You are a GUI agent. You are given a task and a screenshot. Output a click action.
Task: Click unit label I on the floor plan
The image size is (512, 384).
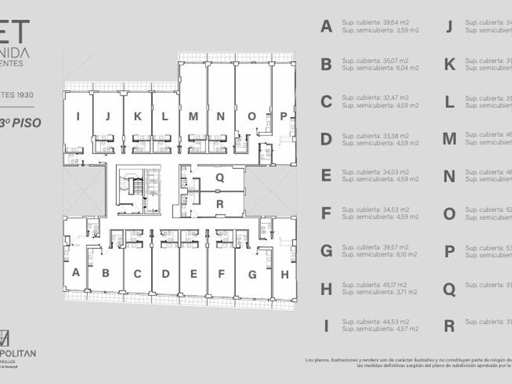pos(78,116)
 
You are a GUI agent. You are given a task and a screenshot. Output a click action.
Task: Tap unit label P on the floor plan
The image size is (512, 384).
pos(283,116)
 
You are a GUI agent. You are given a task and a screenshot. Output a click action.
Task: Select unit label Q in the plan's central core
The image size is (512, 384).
pos(220,178)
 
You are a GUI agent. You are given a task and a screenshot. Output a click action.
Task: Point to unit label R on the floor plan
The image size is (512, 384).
pos(220,204)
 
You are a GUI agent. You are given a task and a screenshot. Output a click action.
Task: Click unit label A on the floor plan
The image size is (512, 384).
pos(76,272)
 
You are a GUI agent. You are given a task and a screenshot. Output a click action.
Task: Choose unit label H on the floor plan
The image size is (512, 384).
pos(285,274)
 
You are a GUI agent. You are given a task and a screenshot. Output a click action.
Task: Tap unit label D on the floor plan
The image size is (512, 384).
pos(165,274)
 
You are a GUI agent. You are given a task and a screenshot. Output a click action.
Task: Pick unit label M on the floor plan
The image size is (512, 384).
pos(193,116)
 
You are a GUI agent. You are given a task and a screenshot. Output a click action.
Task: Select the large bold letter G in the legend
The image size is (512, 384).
pos(326,251)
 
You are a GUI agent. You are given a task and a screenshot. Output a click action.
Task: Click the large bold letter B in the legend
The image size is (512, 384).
pos(326,64)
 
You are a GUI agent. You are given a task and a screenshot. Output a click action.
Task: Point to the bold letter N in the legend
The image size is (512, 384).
pos(449,176)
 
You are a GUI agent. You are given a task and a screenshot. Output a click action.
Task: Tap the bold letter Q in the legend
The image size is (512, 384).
pos(449,289)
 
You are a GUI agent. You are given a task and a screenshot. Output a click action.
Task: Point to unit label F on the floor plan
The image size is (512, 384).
pos(221,274)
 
